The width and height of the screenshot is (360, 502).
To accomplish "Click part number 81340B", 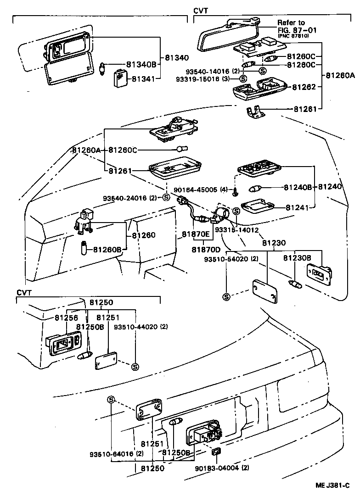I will [x=141, y=65].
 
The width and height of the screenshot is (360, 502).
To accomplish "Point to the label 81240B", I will [x=298, y=187].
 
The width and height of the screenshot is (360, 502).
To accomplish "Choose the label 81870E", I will [x=195, y=234].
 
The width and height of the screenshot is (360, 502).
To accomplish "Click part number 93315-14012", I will [x=236, y=229].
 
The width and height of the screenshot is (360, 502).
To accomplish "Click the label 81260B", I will [x=107, y=250].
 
